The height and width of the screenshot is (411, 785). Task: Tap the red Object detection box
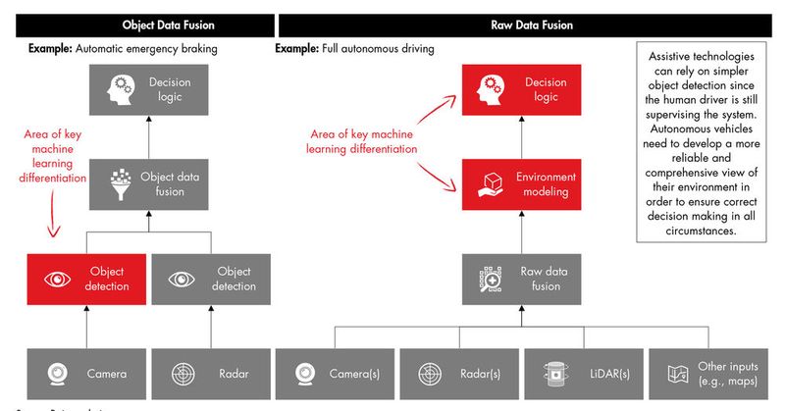click(87, 279)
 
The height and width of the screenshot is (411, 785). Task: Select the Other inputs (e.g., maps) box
click(706, 373)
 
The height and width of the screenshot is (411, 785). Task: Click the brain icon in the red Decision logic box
click(491, 90)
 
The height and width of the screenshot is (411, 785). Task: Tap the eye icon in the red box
click(56, 280)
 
